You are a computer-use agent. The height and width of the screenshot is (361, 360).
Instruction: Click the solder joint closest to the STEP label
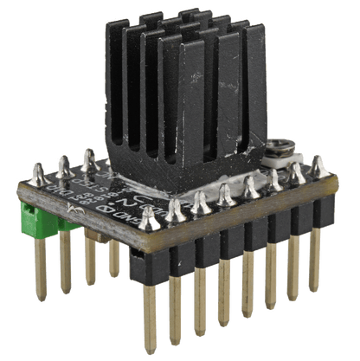point(88,157)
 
